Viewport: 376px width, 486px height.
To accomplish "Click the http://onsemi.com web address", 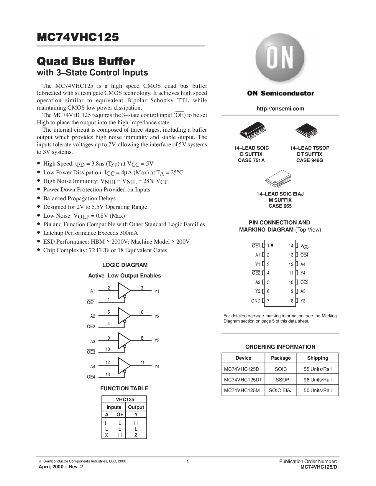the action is click(x=280, y=109).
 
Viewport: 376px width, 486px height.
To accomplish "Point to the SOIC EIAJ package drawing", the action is click(x=279, y=178).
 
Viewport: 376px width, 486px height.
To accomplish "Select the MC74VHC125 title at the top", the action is click(x=78, y=37).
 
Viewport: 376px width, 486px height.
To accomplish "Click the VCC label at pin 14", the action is click(x=304, y=246).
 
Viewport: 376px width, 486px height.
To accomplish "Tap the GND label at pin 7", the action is click(x=256, y=301).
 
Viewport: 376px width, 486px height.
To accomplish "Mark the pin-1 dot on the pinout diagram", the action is click(x=272, y=245).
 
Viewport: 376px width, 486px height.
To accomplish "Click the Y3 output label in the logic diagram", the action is click(x=157, y=340).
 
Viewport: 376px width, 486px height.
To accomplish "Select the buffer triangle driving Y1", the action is click(x=124, y=291).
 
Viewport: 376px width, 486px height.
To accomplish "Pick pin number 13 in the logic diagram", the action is click(x=108, y=374).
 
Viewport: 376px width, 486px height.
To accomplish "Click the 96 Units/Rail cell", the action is click(x=318, y=380).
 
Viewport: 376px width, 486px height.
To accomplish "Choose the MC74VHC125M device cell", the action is click(x=242, y=390).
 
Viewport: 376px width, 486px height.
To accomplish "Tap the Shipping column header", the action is click(x=318, y=358).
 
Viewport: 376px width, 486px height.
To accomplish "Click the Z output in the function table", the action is click(x=136, y=435).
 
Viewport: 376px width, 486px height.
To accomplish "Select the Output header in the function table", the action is click(x=136, y=407).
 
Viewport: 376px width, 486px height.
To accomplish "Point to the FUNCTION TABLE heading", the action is click(x=124, y=388).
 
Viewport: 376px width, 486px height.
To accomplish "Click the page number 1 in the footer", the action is click(x=188, y=461).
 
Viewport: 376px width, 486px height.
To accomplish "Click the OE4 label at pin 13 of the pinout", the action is click(x=304, y=255).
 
